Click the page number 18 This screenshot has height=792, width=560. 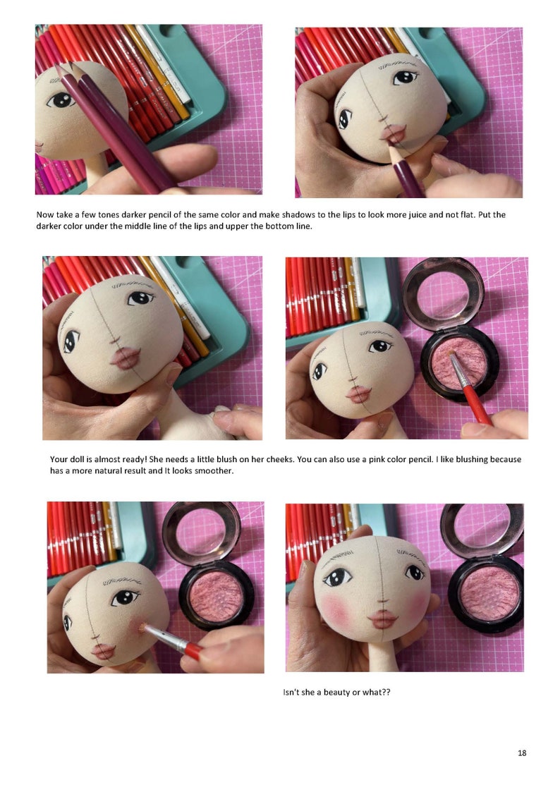pyautogui.click(x=522, y=753)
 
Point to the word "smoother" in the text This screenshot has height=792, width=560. pyautogui.click(x=214, y=471)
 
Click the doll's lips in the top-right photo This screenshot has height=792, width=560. pyautogui.click(x=391, y=134)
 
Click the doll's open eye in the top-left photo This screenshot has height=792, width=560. pyautogui.click(x=61, y=100)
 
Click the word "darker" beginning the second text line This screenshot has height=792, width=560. pyautogui.click(x=49, y=226)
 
